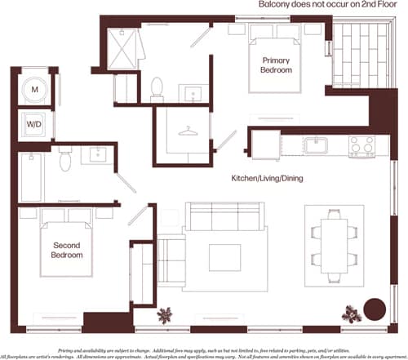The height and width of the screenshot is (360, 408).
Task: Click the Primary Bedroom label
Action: click(278, 65)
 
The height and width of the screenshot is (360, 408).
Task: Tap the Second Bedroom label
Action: click(68, 250)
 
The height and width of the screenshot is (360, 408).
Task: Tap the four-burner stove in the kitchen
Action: click(361, 146)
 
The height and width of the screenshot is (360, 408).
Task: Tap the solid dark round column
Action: click(374, 311)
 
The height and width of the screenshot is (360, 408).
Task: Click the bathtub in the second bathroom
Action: click(33, 177)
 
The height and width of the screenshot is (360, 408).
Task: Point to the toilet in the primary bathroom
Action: click(157, 87)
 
